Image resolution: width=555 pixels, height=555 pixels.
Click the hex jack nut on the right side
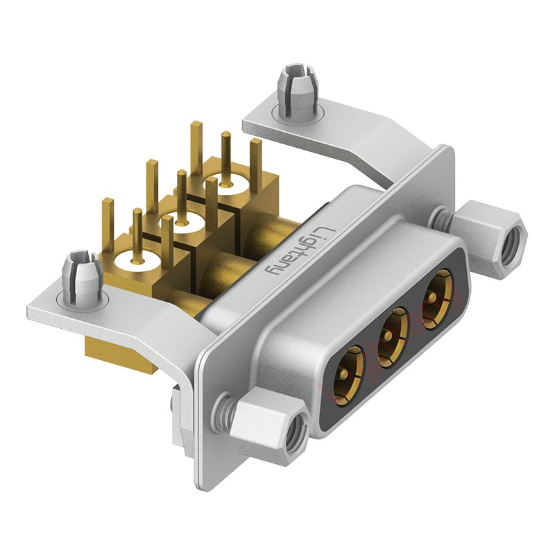[x=494, y=232]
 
